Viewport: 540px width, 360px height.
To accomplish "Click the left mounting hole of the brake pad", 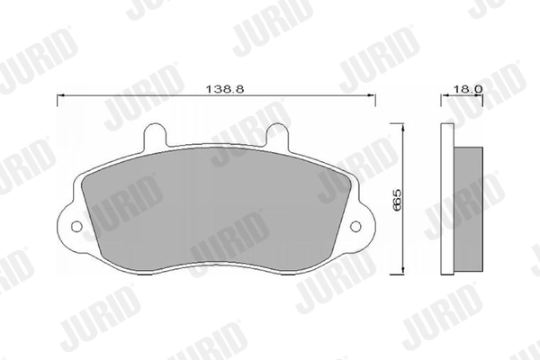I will pyautogui.click(x=76, y=226).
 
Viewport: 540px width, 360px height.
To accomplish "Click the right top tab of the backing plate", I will pyautogui.click(x=280, y=135).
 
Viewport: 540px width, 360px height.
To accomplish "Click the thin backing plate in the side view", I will pyautogui.click(x=447, y=200).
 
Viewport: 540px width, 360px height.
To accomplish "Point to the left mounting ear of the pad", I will pyautogui.click(x=72, y=225).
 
